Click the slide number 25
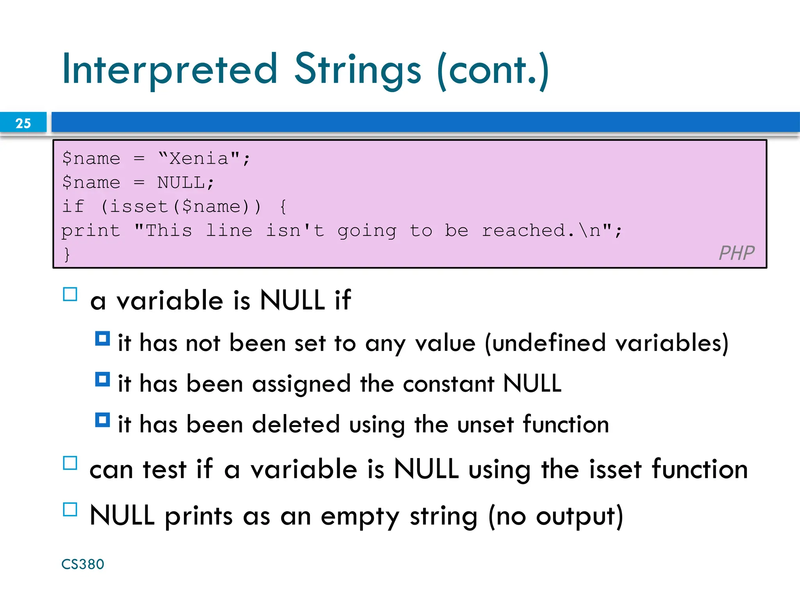click(23, 123)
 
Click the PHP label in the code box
click(736, 253)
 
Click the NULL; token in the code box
click(186, 183)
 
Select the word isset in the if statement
click(138, 207)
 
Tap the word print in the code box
click(90, 231)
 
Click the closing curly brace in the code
click(67, 254)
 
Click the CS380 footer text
click(83, 564)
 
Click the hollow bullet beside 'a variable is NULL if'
click(70, 294)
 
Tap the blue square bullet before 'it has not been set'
click(102, 339)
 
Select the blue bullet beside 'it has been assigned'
click(102, 379)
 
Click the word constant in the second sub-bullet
click(448, 384)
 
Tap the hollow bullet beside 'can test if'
click(70, 463)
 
